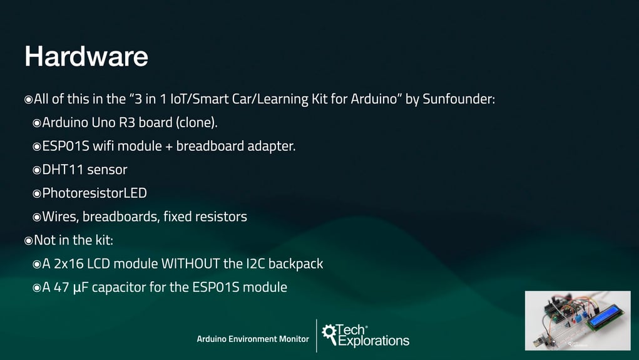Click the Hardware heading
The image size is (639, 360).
(86, 56)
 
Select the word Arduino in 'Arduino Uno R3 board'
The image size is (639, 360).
(65, 122)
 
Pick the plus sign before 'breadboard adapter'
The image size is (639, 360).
(169, 147)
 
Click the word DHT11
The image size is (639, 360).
(63, 170)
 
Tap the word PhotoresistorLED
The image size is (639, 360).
(95, 193)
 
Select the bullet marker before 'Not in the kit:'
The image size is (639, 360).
(28, 241)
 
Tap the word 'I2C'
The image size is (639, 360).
(255, 264)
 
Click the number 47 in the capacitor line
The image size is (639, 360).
(61, 287)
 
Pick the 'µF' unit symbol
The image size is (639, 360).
(81, 288)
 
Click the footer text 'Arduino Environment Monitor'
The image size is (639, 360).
(253, 339)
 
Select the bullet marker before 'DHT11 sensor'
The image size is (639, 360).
(37, 170)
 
